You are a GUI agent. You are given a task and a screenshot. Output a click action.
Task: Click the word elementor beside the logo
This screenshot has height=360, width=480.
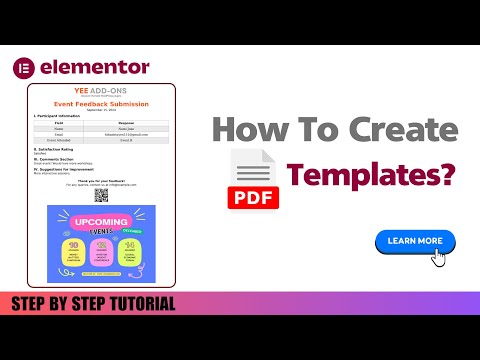pos(95,67)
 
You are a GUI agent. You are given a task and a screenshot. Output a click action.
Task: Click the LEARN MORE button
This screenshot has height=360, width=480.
pos(414,241)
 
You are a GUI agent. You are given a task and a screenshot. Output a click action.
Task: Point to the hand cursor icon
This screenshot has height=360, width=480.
pos(438,257)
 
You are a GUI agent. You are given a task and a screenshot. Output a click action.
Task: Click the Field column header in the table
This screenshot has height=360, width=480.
pos(59,123)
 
